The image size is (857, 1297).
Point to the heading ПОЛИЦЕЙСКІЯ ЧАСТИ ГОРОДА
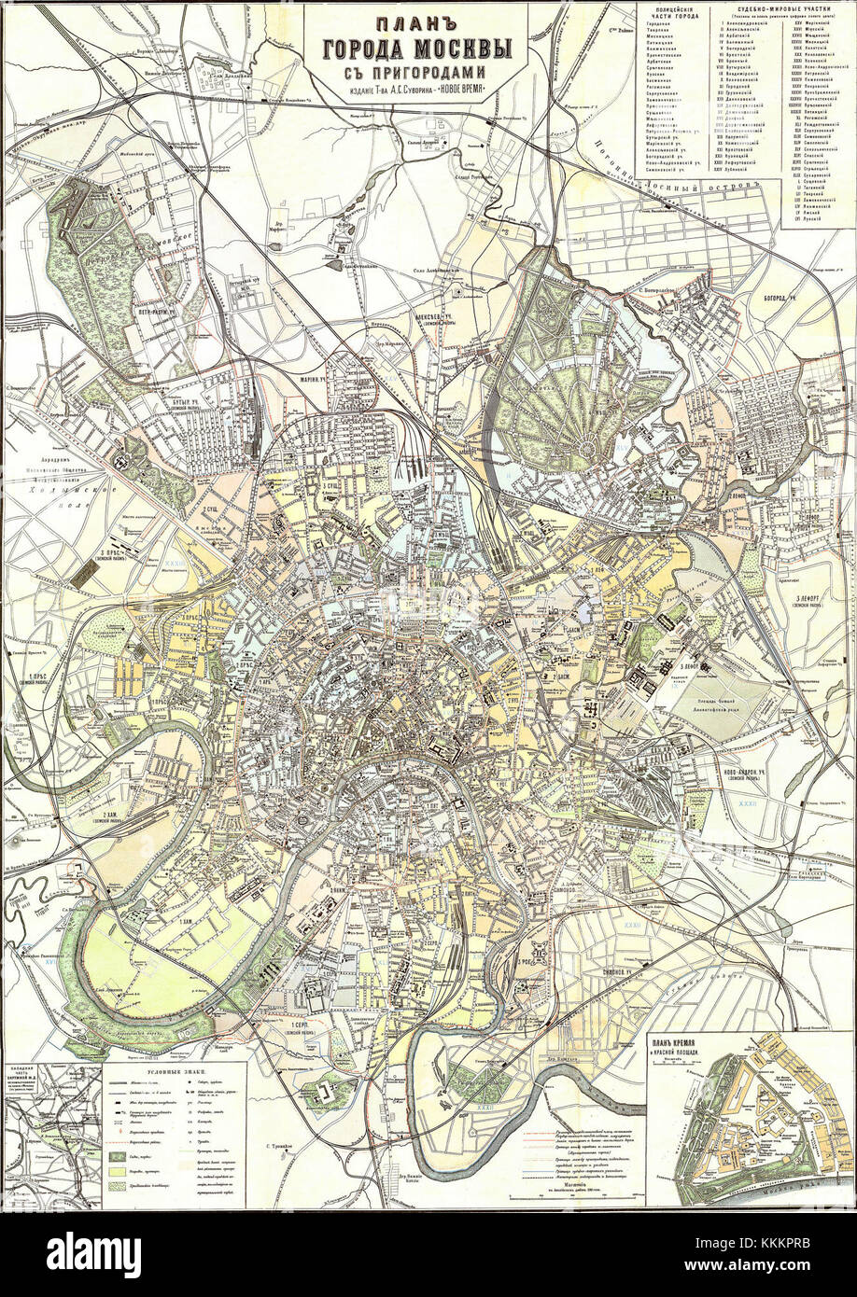(x=675, y=13)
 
